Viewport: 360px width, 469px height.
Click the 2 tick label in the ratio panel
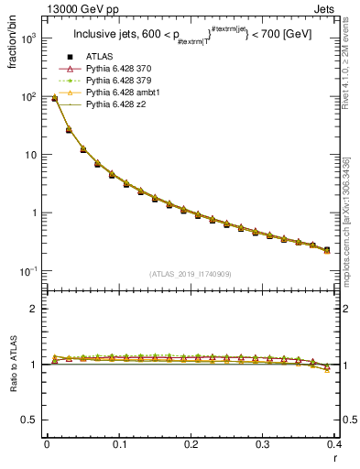pyautogui.click(x=36, y=309)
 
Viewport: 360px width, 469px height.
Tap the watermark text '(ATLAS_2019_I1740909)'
pyautogui.click(x=191, y=272)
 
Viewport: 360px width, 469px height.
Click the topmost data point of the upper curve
pyautogui.click(x=54, y=98)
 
